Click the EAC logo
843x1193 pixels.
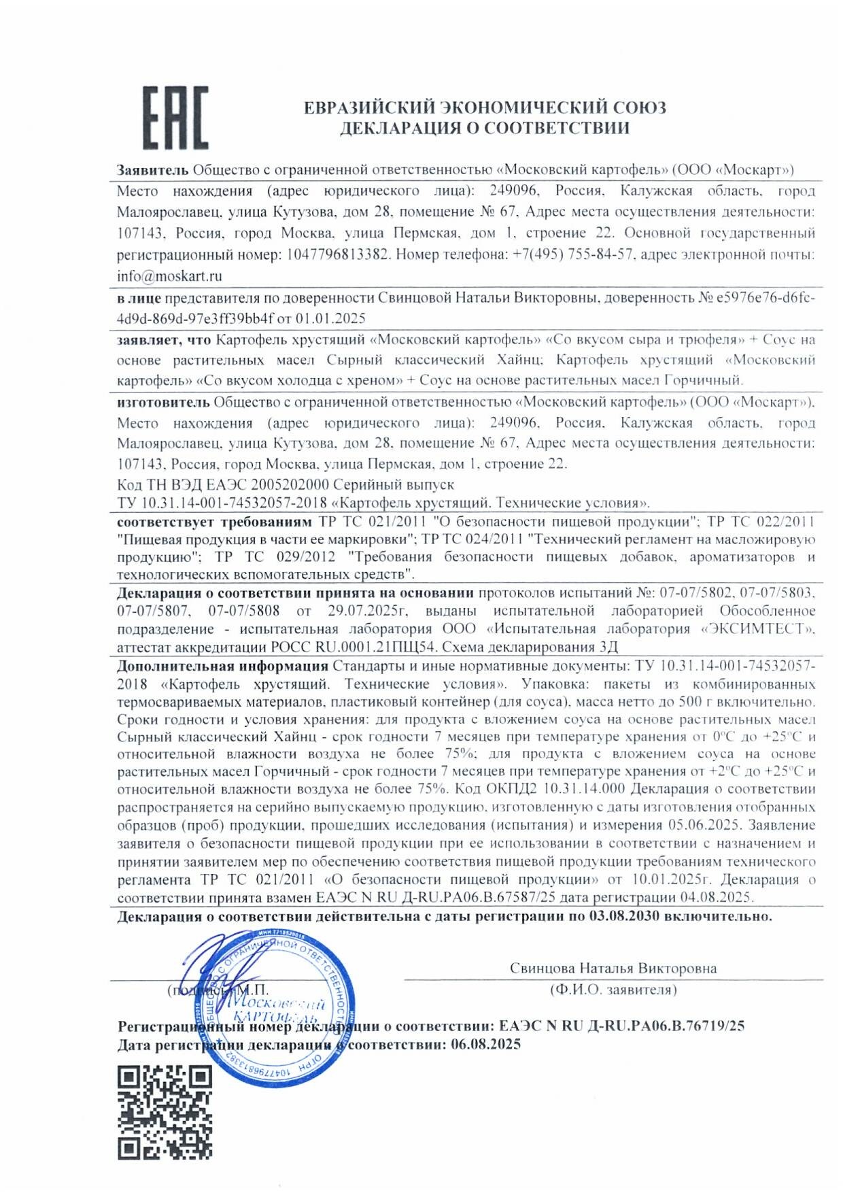coord(175,118)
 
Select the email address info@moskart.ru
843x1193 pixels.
coord(169,276)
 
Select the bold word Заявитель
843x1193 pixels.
coord(152,170)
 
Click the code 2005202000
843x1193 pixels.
coord(290,485)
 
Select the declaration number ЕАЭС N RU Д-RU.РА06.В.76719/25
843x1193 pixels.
coord(621,1026)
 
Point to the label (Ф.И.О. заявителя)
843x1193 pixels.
coord(613,990)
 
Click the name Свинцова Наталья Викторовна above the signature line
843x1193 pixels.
coord(613,968)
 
